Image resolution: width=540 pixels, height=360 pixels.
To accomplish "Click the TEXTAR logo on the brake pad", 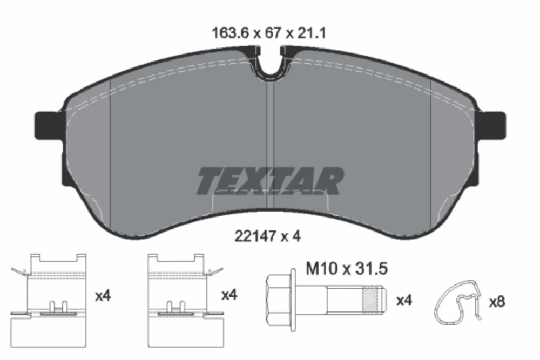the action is (x=271, y=181).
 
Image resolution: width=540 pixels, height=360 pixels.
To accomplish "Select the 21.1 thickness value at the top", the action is (x=312, y=33).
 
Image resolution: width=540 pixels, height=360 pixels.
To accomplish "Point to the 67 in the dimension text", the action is (x=273, y=33).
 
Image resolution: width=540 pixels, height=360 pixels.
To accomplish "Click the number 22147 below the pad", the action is (x=255, y=236).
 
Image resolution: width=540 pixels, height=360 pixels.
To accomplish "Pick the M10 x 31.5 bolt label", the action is (x=347, y=269).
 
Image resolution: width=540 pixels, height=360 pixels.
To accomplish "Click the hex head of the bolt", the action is (x=279, y=301).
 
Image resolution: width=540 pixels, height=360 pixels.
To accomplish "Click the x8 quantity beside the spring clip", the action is (x=497, y=302).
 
